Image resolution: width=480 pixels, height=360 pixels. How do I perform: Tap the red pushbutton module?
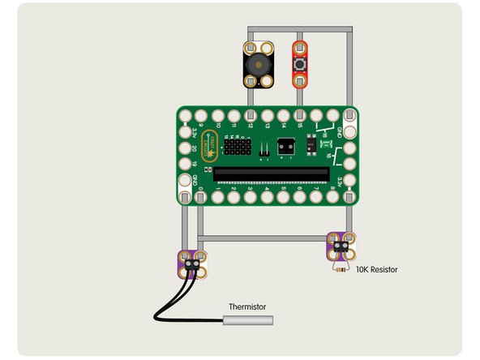coord(301,64)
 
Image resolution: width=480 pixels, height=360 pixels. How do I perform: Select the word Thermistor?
coord(248,306)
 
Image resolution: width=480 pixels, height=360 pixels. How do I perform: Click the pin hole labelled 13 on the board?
coord(267,115)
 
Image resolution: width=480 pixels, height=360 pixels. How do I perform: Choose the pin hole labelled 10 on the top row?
coord(218,115)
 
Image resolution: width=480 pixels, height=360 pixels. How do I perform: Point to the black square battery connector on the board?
coord(285,147)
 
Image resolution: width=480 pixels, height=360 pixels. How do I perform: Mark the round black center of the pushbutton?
coord(301,63)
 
